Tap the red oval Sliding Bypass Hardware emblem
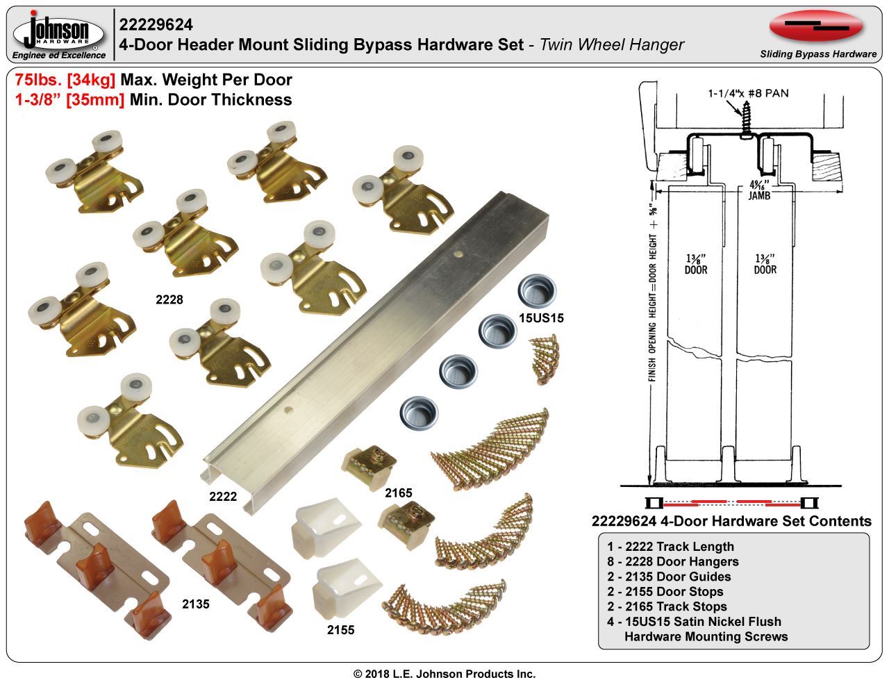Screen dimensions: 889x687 pyautogui.click(x=816, y=26)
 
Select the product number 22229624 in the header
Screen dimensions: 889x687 pyautogui.click(x=156, y=25)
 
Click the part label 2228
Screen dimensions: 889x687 pyautogui.click(x=169, y=299)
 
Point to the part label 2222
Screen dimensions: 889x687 pyautogui.click(x=223, y=497)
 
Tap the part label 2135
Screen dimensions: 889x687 pyautogui.click(x=196, y=604)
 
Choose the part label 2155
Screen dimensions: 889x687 pyautogui.click(x=341, y=630)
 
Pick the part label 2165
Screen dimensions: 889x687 pyautogui.click(x=399, y=493)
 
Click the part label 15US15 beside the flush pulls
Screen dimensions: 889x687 pyautogui.click(x=541, y=318)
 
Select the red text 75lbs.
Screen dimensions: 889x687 pyautogui.click(x=38, y=80)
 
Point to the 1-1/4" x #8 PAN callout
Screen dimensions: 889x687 pyautogui.click(x=748, y=93)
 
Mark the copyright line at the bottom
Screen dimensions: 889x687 pyautogui.click(x=444, y=674)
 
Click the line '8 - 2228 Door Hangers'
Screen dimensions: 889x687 pyautogui.click(x=673, y=561)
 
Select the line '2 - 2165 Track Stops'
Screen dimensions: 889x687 pyautogui.click(x=667, y=606)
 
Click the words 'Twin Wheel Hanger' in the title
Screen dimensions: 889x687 pyautogui.click(x=612, y=44)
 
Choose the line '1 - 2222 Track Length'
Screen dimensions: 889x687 pyautogui.click(x=670, y=547)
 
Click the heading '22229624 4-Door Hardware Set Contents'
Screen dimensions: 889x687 pyautogui.click(x=731, y=521)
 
